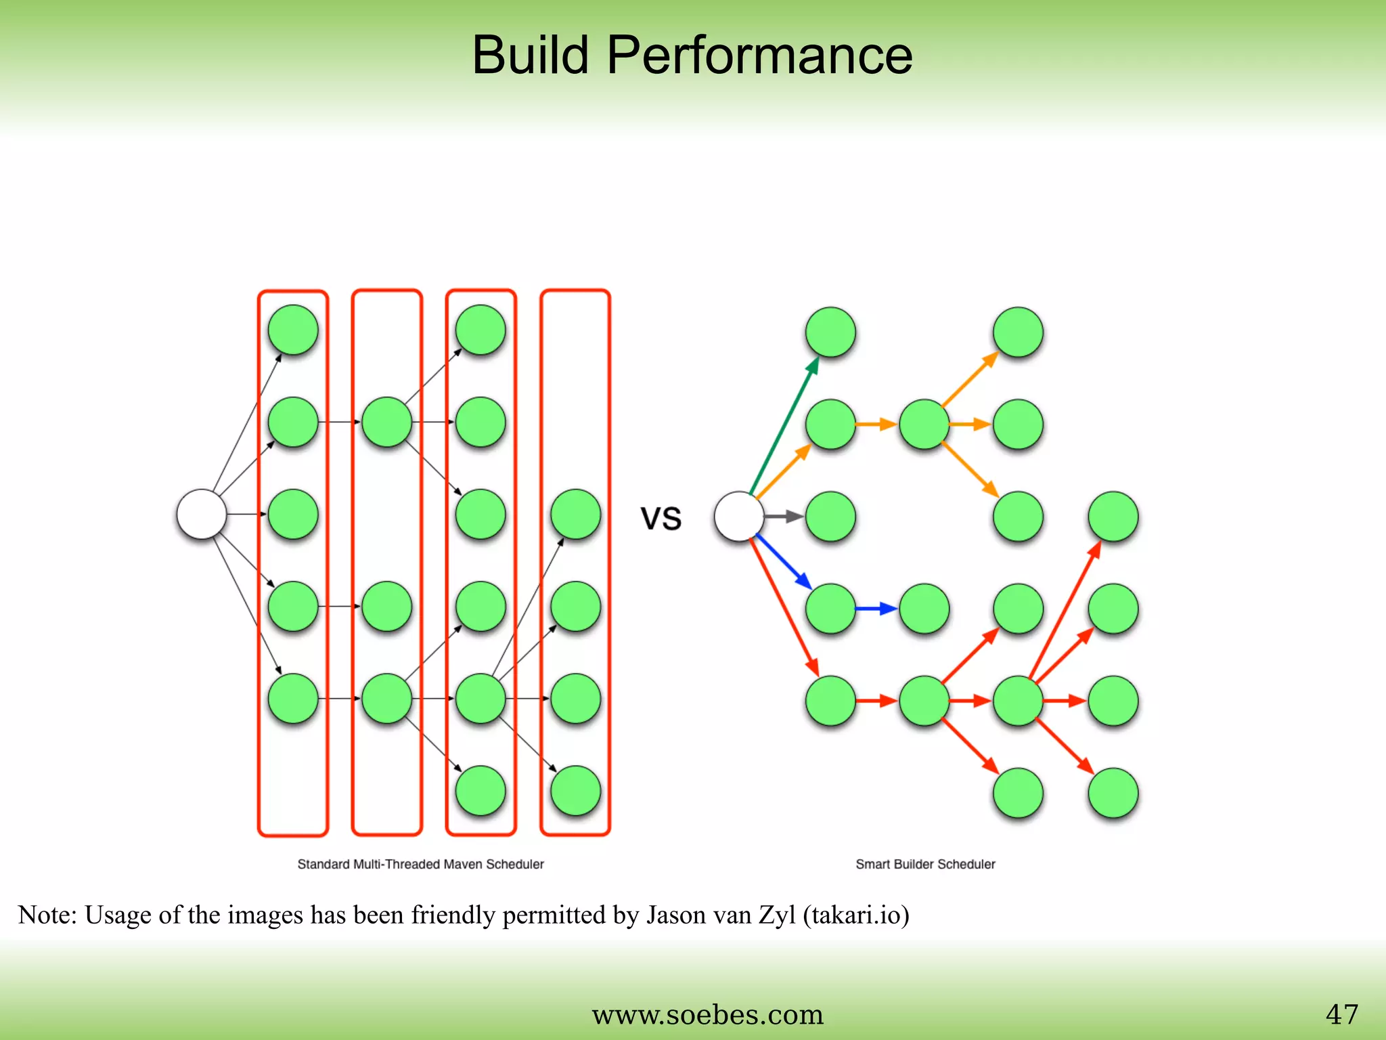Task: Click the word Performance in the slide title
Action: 759,56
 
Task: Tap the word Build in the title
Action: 530,56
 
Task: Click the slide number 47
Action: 1341,1014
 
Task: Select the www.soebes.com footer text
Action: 707,1015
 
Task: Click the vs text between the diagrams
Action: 661,518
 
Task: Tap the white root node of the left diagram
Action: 202,515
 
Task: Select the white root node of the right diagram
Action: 739,517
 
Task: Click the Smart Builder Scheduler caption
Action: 925,864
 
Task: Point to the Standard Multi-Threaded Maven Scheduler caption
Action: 420,864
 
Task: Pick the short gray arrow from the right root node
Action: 784,517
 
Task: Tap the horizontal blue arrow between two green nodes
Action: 876,609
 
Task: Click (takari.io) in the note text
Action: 856,915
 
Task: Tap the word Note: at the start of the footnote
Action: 47,915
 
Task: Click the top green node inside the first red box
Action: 293,330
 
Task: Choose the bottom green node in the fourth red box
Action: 575,791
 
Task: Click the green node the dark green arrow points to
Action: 830,332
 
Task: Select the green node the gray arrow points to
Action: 830,517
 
